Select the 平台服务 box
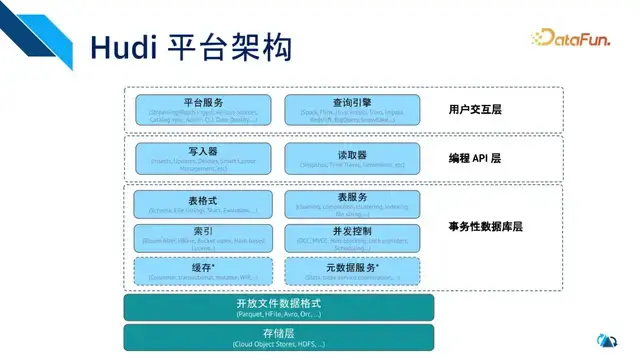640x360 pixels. click(x=204, y=109)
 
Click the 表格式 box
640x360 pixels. click(x=204, y=204)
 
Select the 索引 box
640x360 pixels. click(x=204, y=237)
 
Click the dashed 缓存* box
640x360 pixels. click(x=204, y=269)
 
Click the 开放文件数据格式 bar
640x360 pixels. click(x=279, y=307)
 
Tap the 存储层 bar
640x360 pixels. click(x=279, y=336)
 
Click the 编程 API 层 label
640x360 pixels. click(x=475, y=158)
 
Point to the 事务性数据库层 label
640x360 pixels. click(x=485, y=227)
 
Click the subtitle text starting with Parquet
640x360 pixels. click(x=279, y=314)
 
